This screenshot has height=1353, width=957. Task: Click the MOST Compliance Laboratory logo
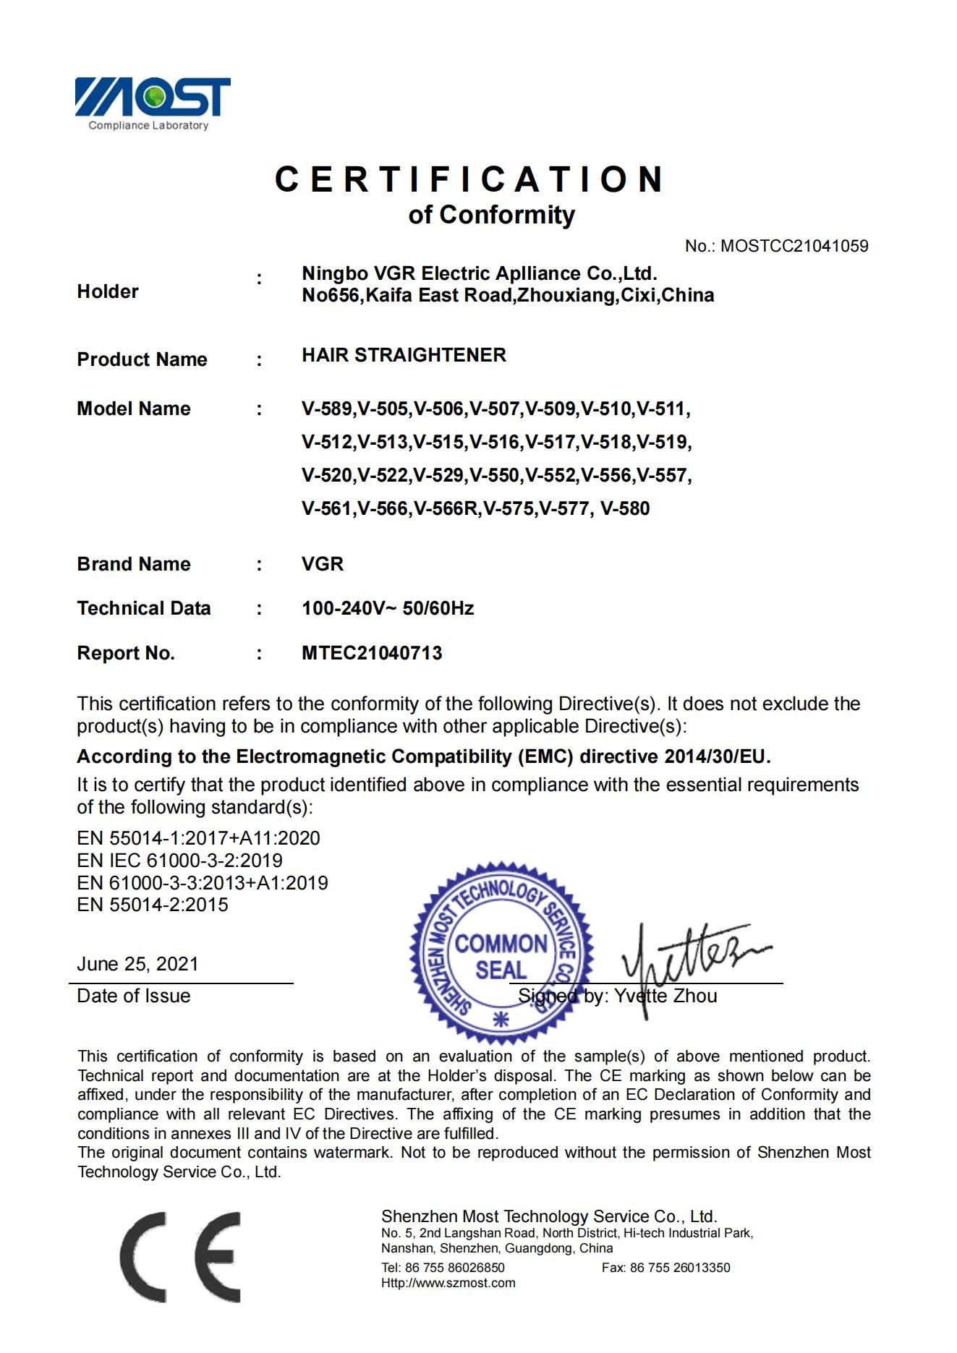click(x=153, y=103)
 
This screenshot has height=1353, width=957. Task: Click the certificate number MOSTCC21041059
click(x=794, y=246)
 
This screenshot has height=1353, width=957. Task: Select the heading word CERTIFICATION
click(x=469, y=179)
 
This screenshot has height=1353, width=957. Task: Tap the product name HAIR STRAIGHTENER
click(x=404, y=355)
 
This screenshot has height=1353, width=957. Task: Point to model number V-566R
click(x=446, y=508)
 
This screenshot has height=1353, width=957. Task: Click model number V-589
click(x=327, y=409)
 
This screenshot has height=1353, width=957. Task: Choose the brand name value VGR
click(x=323, y=564)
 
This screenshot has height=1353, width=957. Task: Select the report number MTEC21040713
click(x=372, y=653)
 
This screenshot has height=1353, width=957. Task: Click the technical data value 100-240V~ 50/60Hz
click(x=388, y=608)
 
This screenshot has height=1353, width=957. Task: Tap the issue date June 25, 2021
click(x=137, y=964)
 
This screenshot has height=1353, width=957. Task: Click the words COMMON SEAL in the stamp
click(x=501, y=956)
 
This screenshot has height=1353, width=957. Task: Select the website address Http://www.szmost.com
click(x=448, y=1283)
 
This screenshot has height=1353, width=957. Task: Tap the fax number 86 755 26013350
click(x=680, y=1267)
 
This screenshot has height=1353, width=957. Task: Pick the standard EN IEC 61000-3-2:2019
click(x=179, y=861)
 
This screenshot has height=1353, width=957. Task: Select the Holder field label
click(x=108, y=291)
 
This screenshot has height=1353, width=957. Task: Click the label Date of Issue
click(x=134, y=996)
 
